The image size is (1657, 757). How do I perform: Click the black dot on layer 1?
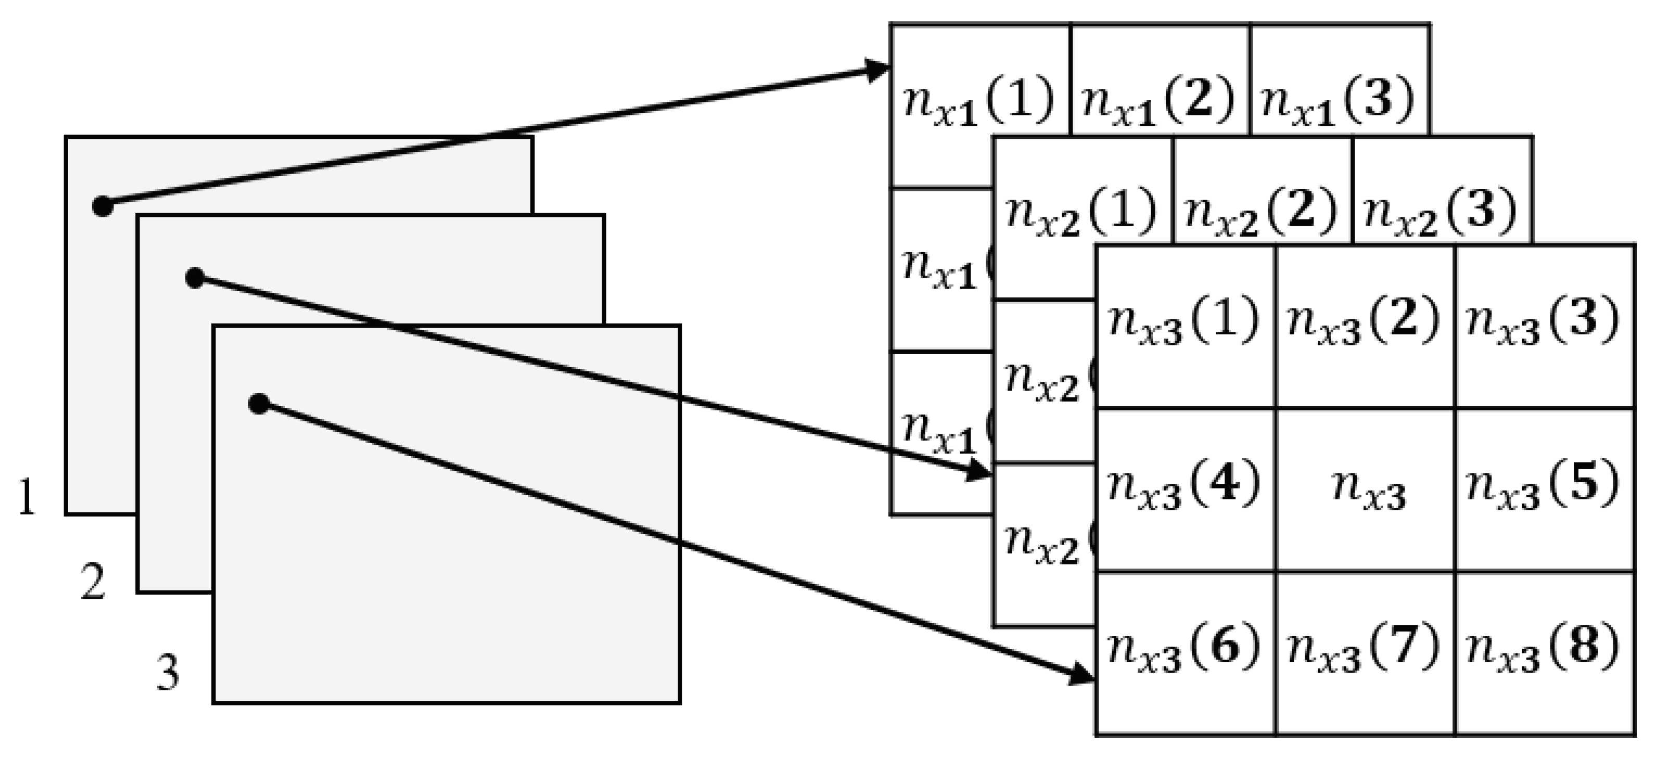[x=103, y=207]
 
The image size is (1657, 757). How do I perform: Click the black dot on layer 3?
[x=259, y=403]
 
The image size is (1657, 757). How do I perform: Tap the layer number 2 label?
[x=93, y=582]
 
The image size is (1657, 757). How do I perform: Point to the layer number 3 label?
[x=168, y=673]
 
